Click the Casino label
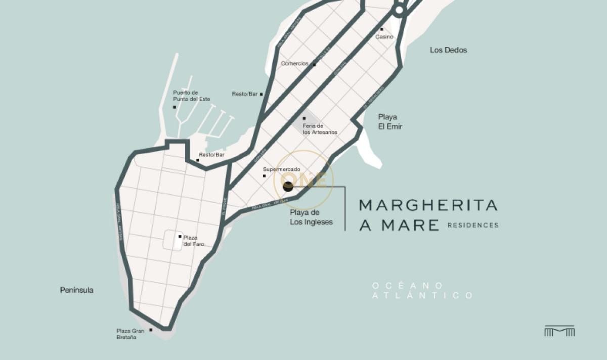coord(384,37)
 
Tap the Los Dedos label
coord(448,50)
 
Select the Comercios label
coord(294,64)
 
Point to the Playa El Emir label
coord(390,122)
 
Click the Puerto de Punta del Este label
coord(191,96)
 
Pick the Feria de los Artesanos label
coord(320,129)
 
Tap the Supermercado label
coord(282,169)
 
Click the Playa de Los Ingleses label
coord(311,217)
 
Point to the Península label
coord(76,290)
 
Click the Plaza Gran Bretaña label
coord(131,334)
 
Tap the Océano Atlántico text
coord(422,291)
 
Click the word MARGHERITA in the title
coord(428,205)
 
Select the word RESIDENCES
coord(473,225)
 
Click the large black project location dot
coord(288,187)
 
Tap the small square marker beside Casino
coord(382,29)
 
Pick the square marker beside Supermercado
coord(265,176)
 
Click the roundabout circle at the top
coord(399,10)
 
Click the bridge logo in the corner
coord(559,331)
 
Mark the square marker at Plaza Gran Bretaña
coord(151,330)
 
